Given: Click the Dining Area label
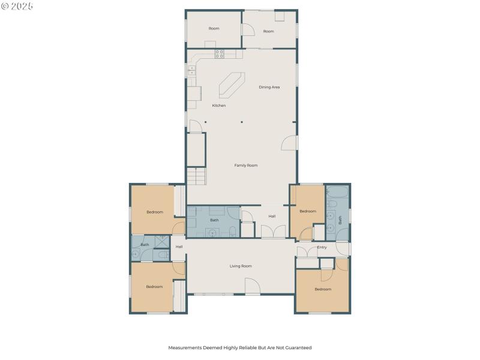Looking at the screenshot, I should tap(269, 87).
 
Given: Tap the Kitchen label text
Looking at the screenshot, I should tap(219, 106).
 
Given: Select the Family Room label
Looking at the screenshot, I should tap(245, 165).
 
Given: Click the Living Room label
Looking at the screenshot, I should tap(241, 266).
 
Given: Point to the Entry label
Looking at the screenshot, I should tap(322, 247).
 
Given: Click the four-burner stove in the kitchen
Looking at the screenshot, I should tap(220, 53).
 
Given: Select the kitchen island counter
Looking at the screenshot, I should tap(231, 85).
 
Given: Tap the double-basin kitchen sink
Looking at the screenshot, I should tap(192, 70).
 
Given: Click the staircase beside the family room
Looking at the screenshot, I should tap(196, 176).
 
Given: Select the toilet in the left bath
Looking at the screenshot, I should tap(163, 255).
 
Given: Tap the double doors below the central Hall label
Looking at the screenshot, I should tap(273, 232).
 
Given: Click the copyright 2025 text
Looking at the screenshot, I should tap(17, 6).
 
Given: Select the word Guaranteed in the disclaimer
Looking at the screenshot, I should tap(296, 347).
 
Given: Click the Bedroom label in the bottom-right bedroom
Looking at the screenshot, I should tap(323, 289).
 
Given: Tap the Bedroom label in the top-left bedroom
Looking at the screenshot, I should tap(155, 212).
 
